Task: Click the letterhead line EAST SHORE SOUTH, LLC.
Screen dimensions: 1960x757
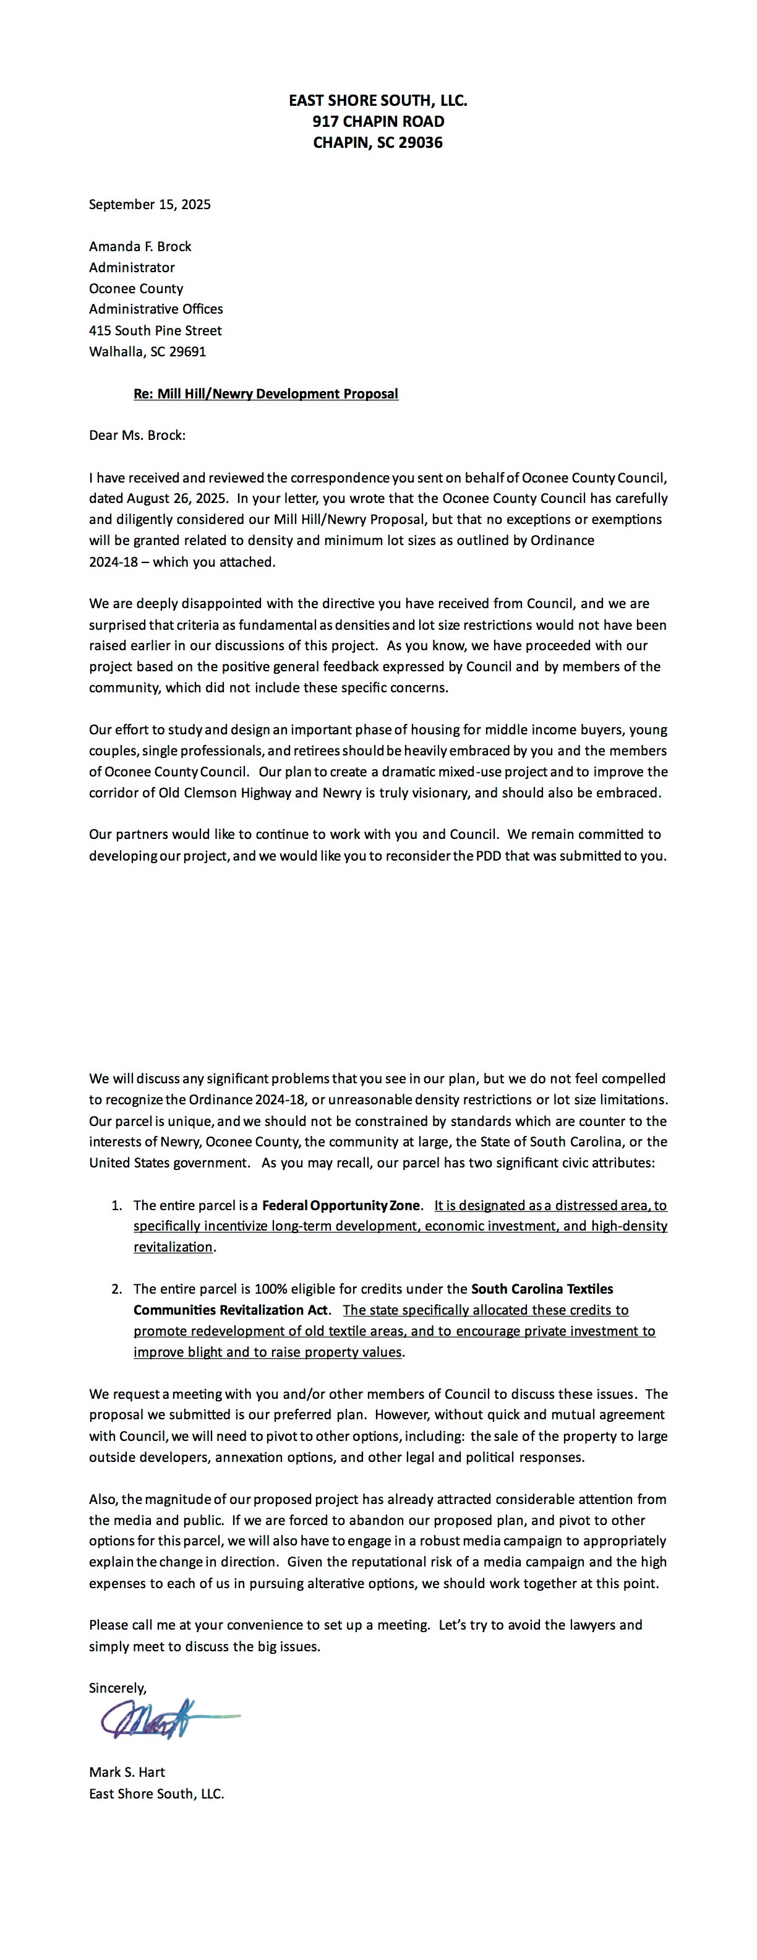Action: click(x=378, y=100)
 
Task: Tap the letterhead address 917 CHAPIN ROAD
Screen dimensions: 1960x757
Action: click(x=378, y=121)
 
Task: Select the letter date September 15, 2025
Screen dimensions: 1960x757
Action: click(x=150, y=204)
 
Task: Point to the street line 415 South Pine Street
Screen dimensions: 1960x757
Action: click(x=155, y=330)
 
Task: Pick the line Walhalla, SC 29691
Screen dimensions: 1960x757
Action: click(x=148, y=351)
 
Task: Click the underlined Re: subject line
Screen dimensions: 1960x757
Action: click(x=265, y=393)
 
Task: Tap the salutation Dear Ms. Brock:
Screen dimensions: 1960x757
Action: click(x=137, y=435)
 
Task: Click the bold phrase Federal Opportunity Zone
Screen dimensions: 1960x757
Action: click(x=341, y=1205)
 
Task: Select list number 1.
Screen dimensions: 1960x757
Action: click(x=116, y=1205)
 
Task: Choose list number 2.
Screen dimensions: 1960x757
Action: click(x=116, y=1289)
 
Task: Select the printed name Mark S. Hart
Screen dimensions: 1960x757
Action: click(x=127, y=1772)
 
